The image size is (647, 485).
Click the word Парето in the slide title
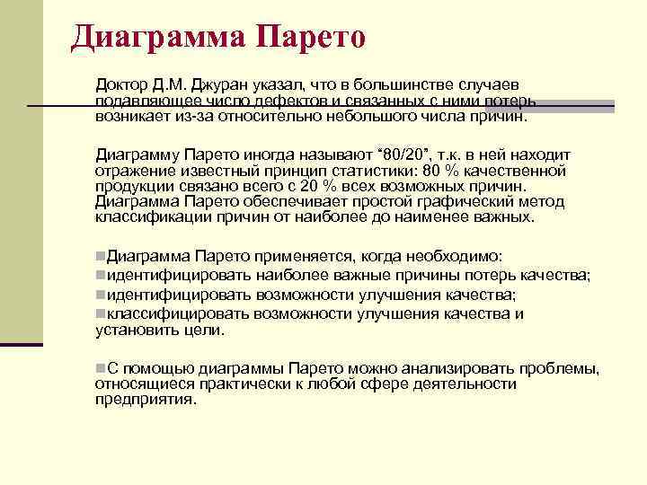311,36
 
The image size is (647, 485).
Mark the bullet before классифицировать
100,313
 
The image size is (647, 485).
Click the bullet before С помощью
100,368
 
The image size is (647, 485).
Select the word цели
203,330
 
